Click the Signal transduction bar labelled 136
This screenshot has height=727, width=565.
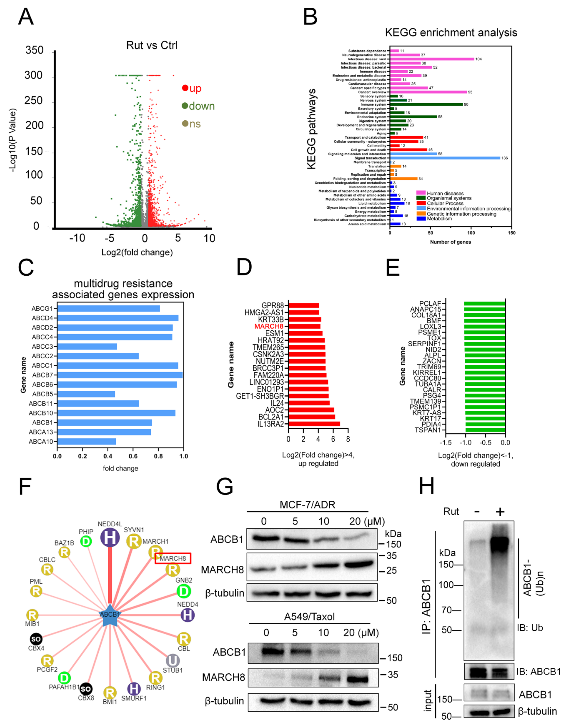[445, 158]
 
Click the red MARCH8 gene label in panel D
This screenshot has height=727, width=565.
[269, 326]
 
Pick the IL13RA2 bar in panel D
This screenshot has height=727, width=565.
[314, 424]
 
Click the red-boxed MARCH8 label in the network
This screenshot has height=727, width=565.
[173, 558]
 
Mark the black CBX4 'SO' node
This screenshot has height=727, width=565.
[36, 639]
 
